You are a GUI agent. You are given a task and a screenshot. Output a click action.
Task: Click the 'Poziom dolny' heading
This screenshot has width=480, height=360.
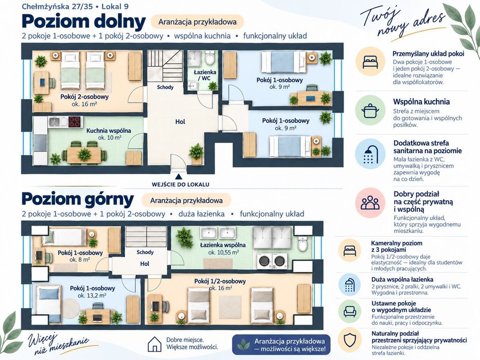[83, 22]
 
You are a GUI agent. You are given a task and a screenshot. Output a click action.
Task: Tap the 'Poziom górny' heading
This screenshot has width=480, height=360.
[78, 200]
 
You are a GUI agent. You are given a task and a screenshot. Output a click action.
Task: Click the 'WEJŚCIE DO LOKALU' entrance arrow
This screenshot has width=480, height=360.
[179, 176]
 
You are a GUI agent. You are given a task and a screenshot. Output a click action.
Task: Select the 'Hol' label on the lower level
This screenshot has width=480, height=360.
[180, 121]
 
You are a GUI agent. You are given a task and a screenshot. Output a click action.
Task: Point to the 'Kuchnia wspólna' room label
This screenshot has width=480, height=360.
[109, 131]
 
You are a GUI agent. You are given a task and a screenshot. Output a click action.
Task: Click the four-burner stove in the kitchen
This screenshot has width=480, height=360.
[75, 121]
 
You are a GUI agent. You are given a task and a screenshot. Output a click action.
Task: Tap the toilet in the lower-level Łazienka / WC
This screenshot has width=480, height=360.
[210, 58]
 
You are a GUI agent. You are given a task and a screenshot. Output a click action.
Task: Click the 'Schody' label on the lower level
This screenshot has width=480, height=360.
[165, 87]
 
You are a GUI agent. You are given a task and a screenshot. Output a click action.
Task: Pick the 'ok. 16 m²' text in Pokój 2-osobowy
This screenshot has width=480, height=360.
[84, 104]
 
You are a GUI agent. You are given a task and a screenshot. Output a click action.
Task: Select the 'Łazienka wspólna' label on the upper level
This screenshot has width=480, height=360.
[223, 245]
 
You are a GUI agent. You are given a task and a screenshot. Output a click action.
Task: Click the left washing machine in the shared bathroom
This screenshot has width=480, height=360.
[264, 261]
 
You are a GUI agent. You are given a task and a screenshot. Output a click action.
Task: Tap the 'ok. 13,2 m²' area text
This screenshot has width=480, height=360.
[92, 296]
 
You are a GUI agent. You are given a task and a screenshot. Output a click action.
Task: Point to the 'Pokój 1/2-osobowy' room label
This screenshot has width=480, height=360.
[220, 281]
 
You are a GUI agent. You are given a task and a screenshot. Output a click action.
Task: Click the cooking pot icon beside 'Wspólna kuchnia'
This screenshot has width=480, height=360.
[370, 110]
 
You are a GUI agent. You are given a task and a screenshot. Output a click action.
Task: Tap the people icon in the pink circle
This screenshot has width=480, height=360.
[370, 203]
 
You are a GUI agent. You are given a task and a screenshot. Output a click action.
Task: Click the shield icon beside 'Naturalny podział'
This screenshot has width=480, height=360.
[350, 340]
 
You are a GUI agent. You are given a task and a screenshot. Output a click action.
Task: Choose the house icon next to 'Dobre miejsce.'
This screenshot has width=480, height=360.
[154, 344]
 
